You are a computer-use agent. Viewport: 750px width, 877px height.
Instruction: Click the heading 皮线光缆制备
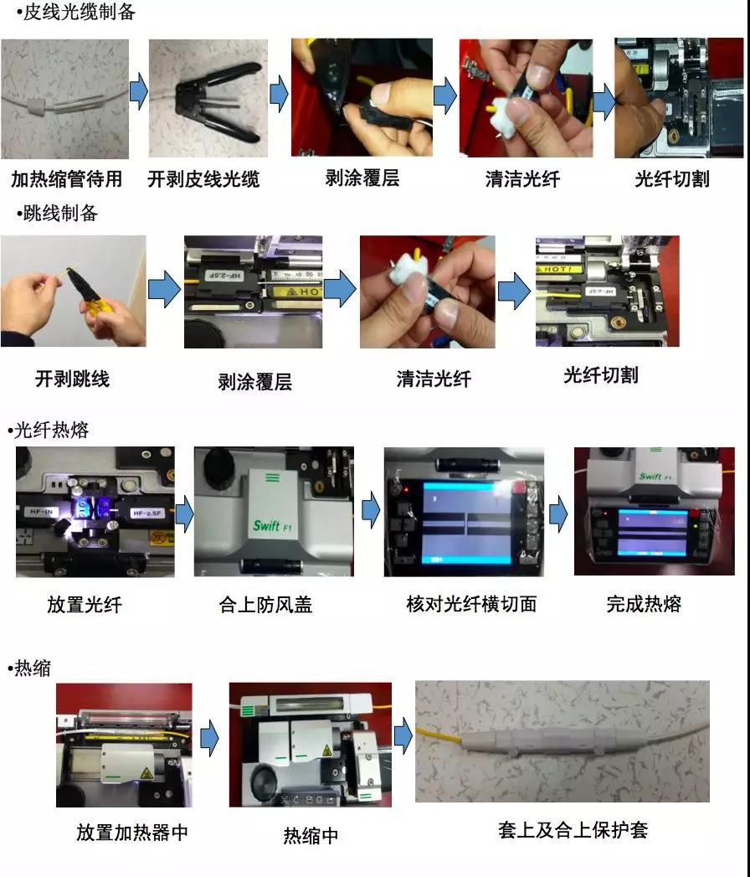(79, 13)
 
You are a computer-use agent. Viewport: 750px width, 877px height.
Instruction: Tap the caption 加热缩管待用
(67, 179)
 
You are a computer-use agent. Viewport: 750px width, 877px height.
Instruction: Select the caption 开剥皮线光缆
(203, 179)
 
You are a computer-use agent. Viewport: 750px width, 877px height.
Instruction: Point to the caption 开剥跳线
(72, 379)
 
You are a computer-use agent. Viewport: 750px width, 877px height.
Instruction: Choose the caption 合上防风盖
(265, 604)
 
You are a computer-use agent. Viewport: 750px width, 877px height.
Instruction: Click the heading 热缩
(33, 668)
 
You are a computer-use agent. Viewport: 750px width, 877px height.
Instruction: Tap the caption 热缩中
(311, 835)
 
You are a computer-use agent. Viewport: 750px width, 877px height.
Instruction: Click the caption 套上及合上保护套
(573, 830)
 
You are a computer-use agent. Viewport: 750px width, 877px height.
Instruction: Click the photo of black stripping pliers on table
(208, 99)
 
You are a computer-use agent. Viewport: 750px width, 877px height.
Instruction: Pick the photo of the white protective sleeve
(562, 741)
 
